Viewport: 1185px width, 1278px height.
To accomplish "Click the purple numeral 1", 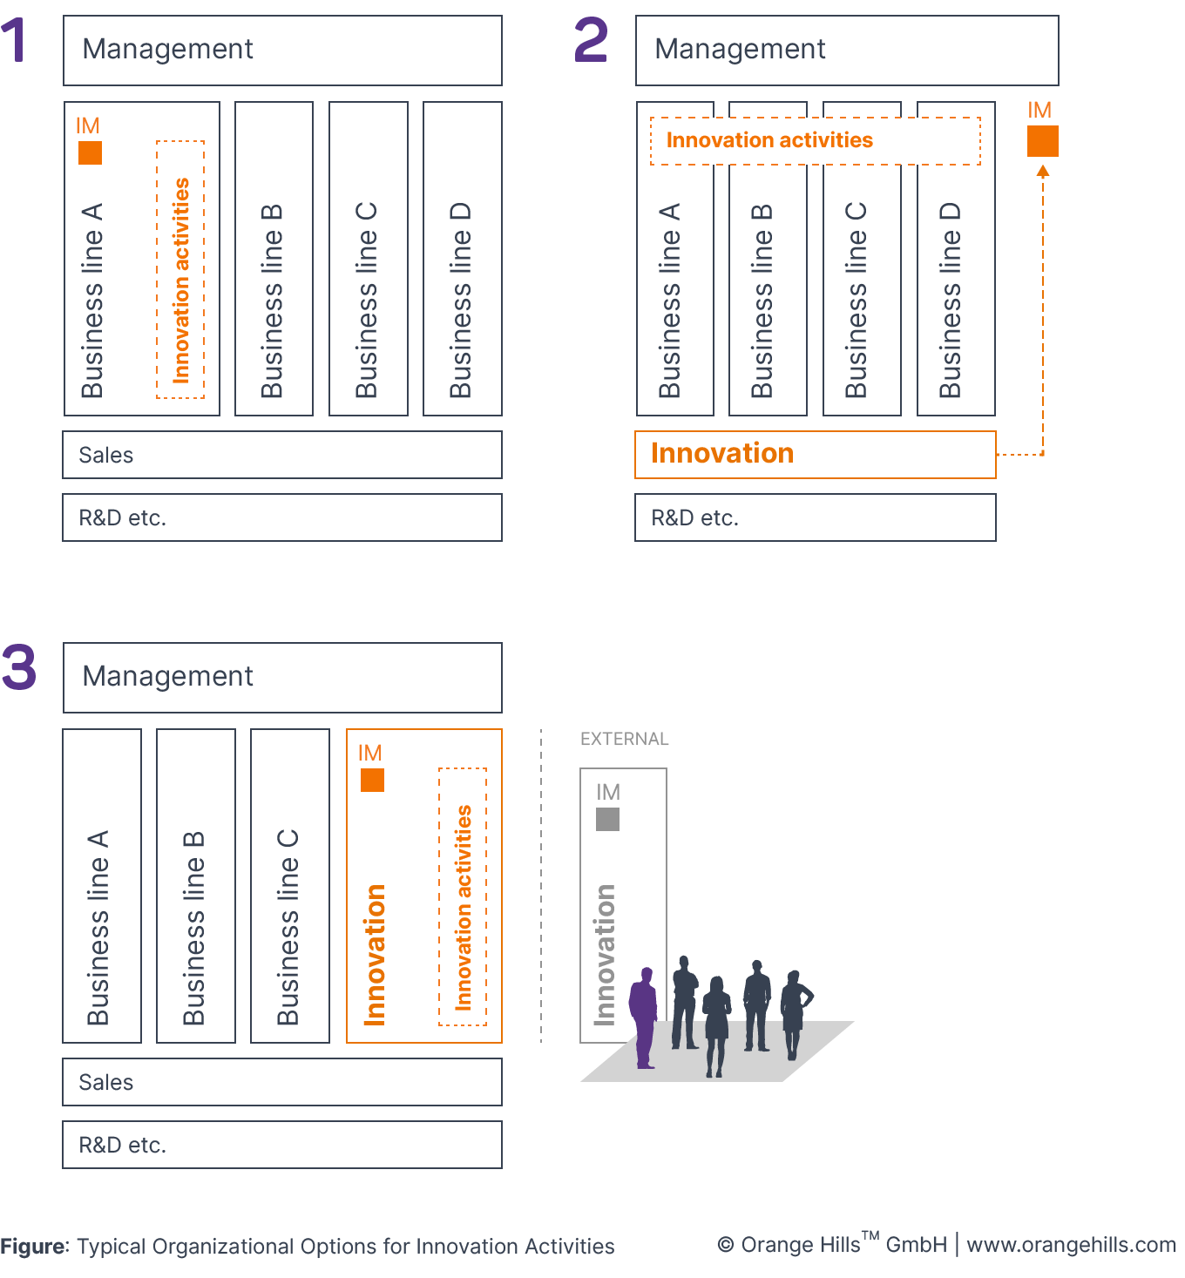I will coord(15,41).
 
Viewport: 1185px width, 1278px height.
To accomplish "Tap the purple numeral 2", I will coord(591,41).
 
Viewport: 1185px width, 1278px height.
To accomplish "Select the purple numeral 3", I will coord(18,667).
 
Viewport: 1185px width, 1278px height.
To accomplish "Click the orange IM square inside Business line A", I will coord(90,153).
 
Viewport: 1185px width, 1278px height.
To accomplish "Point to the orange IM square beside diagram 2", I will coord(1042,141).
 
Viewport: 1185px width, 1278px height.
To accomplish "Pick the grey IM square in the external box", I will coord(607,819).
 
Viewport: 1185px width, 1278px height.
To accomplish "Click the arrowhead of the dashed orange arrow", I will coord(1043,172).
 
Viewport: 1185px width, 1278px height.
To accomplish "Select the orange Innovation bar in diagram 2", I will coord(815,454).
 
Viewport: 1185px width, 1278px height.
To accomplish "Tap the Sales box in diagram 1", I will coord(282,455).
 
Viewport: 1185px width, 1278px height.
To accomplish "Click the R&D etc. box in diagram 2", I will coord(815,517).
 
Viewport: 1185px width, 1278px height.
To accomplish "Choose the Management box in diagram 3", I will coord(282,677).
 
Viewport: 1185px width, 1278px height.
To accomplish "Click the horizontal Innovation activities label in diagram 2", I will coord(769,140).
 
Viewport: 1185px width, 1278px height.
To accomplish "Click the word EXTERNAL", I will coord(624,739).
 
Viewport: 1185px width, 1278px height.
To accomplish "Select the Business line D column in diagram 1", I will coord(462,259).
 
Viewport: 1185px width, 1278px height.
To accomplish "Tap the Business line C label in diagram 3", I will coord(288,927).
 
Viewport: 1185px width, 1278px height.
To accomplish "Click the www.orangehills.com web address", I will coord(1071,1245).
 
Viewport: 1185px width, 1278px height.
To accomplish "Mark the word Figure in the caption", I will coord(34,1247).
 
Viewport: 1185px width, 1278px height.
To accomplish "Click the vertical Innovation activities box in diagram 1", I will coord(180,269).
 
